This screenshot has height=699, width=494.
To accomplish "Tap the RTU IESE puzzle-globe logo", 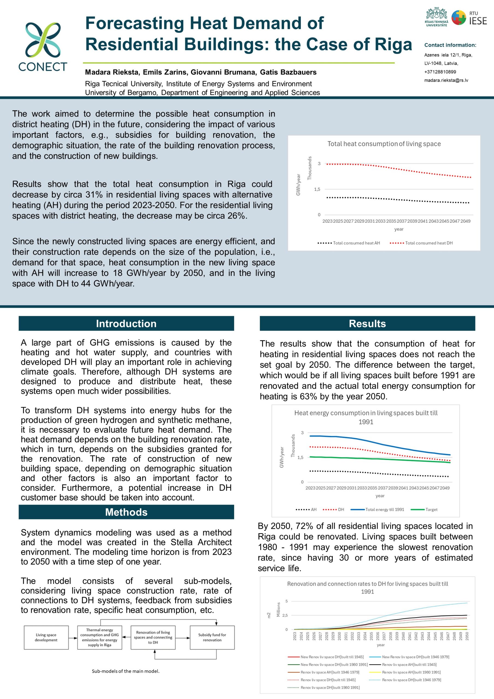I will tap(458, 18).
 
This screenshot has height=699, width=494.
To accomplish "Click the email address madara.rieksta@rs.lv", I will tap(446, 80).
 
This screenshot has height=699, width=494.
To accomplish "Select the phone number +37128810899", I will tap(440, 72).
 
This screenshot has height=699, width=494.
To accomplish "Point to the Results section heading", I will tap(367, 323).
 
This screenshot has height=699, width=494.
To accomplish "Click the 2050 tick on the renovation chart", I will tap(467, 636).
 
